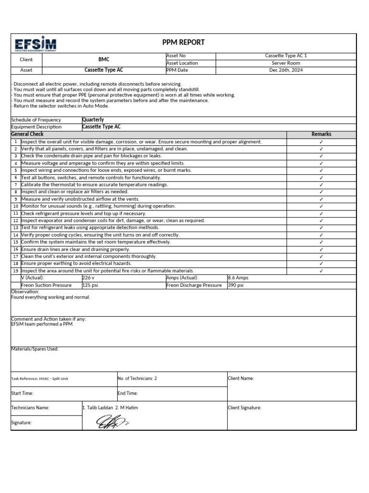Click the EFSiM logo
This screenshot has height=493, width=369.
pos(36,44)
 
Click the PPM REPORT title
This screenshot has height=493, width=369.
pos(184,42)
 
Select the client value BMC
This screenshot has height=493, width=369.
pos(104,59)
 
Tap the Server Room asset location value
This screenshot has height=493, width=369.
pos(286,63)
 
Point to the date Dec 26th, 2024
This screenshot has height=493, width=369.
pos(286,70)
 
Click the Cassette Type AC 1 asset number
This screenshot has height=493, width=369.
pos(286,56)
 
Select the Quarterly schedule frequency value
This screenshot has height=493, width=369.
pos(93,120)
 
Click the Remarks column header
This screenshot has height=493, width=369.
pos(321,134)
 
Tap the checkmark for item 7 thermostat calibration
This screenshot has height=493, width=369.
pos(321,185)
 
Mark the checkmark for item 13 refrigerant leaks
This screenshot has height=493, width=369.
pos(321,228)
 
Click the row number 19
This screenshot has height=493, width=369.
pos(16,271)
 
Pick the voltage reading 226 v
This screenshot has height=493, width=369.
pos(89,278)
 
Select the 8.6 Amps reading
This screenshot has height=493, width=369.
pos(238,278)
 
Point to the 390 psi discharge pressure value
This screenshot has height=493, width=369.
pos(235,285)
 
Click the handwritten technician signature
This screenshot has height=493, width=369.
pos(110,423)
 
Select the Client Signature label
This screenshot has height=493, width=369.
pos(245,408)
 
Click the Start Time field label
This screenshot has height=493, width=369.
pos(22,393)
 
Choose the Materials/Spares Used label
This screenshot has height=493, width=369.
pos(35,349)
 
